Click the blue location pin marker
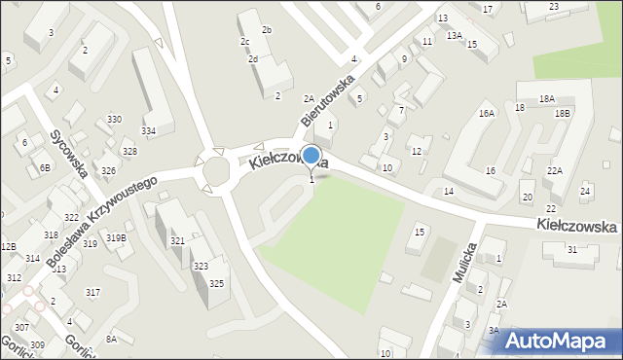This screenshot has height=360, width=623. tap(311, 156)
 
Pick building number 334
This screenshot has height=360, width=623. tap(149, 130)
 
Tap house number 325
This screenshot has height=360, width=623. tap(216, 283)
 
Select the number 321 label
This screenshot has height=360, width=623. tap(177, 240)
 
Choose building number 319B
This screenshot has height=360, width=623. tap(116, 237)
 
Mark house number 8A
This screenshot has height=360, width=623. tap(112, 339)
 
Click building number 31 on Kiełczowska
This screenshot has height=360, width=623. tap(572, 250)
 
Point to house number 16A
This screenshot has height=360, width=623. tap(487, 114)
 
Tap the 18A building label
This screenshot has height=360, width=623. tap(547, 99)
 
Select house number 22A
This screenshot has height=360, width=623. tap(554, 171)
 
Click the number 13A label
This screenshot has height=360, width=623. tap(454, 35)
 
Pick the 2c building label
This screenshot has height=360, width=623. tap(246, 42)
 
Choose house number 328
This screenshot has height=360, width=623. tap(129, 152)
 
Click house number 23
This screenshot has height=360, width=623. tap(554, 7)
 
